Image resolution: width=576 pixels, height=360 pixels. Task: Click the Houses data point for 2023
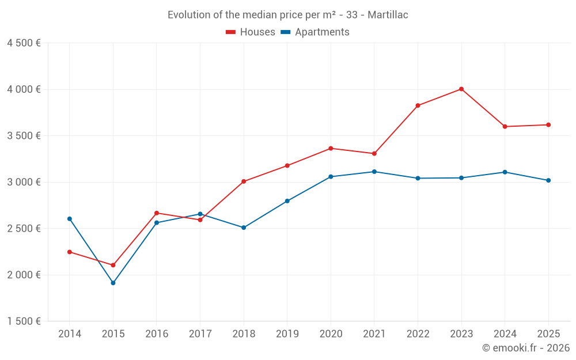[461, 89]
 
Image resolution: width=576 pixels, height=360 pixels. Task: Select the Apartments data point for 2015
[113, 283]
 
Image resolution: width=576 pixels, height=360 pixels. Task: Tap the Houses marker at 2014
[70, 252]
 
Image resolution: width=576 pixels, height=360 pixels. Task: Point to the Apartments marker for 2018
[244, 228]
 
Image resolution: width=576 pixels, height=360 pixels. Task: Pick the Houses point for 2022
[418, 105]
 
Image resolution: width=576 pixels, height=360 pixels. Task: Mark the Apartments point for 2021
[374, 172]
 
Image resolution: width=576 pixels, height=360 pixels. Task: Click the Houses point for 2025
[548, 125]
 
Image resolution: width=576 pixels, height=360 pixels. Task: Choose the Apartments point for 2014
[70, 219]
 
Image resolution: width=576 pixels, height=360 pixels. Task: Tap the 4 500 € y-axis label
[24, 43]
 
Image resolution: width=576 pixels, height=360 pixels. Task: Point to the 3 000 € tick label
[24, 182]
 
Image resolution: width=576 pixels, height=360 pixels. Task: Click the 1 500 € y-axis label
[24, 321]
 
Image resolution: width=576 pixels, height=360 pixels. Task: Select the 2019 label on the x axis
[287, 334]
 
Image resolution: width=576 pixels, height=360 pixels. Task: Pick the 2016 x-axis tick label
[157, 334]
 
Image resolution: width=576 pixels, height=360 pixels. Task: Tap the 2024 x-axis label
[505, 334]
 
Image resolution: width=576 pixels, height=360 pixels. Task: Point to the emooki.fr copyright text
[526, 348]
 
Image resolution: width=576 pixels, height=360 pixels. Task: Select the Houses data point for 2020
[331, 149]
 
